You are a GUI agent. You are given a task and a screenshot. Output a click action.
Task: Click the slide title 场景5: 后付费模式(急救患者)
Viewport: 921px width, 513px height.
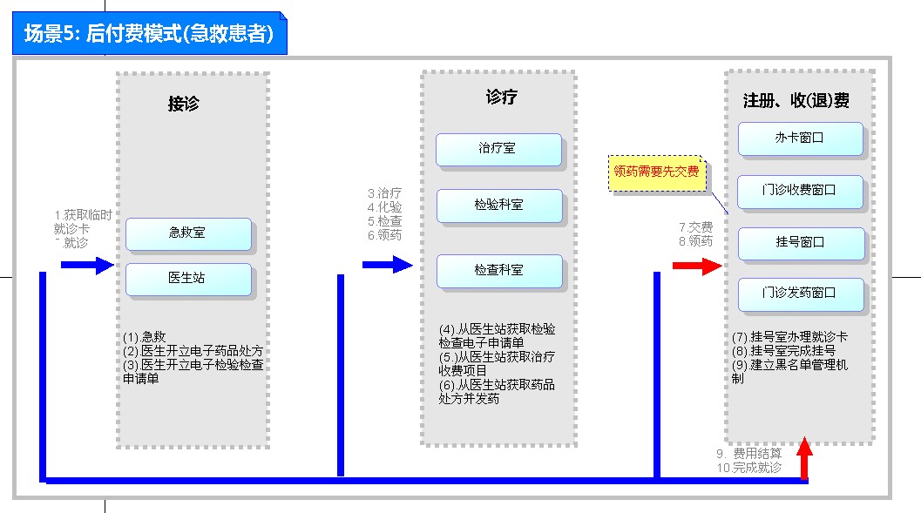pos(149,34)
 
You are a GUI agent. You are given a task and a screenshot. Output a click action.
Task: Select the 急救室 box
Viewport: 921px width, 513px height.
pos(188,233)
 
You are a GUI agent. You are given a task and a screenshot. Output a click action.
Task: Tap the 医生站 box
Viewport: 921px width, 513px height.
pos(188,279)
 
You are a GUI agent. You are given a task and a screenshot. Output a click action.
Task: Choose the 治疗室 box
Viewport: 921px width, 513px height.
pos(498,149)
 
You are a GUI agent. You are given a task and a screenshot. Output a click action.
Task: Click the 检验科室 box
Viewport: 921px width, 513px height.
pos(498,206)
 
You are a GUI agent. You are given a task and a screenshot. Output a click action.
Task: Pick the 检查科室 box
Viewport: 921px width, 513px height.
pos(498,271)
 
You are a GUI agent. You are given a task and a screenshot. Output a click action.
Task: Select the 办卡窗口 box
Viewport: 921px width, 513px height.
pos(800,138)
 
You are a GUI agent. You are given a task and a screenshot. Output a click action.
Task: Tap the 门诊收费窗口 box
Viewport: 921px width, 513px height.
pos(800,191)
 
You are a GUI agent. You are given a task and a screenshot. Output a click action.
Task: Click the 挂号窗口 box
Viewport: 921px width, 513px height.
pos(800,243)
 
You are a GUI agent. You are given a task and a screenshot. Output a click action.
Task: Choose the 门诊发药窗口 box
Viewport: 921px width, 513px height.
pos(800,294)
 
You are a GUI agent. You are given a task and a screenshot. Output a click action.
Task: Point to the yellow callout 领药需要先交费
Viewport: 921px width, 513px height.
pos(656,172)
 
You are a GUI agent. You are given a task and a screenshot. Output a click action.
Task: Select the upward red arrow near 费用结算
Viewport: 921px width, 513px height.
pos(804,459)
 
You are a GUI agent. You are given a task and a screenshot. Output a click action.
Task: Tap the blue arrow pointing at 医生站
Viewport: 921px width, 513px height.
pos(87,265)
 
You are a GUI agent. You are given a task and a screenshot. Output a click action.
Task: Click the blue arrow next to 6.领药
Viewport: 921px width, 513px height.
pos(387,265)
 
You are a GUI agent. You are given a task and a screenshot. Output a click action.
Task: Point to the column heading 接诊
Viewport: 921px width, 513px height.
pos(184,103)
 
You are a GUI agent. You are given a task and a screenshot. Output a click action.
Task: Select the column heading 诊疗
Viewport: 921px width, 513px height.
pos(502,97)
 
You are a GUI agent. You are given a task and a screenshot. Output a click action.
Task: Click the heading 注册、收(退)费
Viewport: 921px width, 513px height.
pos(796,101)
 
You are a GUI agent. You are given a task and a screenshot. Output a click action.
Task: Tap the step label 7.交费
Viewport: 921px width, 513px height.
pos(696,228)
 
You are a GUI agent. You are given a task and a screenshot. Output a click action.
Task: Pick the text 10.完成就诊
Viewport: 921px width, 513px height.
pos(748,468)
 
